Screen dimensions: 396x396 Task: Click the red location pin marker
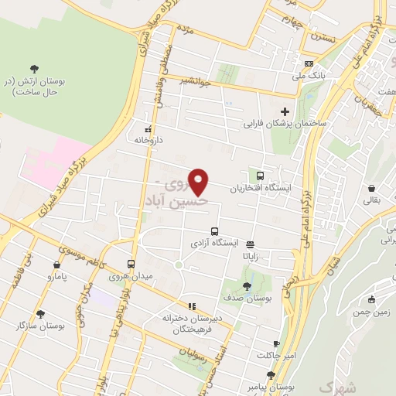(x=200, y=182)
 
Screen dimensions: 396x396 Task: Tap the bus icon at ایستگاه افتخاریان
(x=260, y=176)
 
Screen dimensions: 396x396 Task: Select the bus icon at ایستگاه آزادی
(x=214, y=230)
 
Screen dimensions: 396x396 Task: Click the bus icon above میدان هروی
(x=131, y=263)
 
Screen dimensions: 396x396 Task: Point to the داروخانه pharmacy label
(x=146, y=141)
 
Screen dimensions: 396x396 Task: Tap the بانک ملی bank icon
(x=309, y=63)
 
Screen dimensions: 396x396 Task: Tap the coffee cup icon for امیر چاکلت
(x=277, y=343)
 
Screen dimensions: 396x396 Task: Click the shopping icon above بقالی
(x=372, y=188)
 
